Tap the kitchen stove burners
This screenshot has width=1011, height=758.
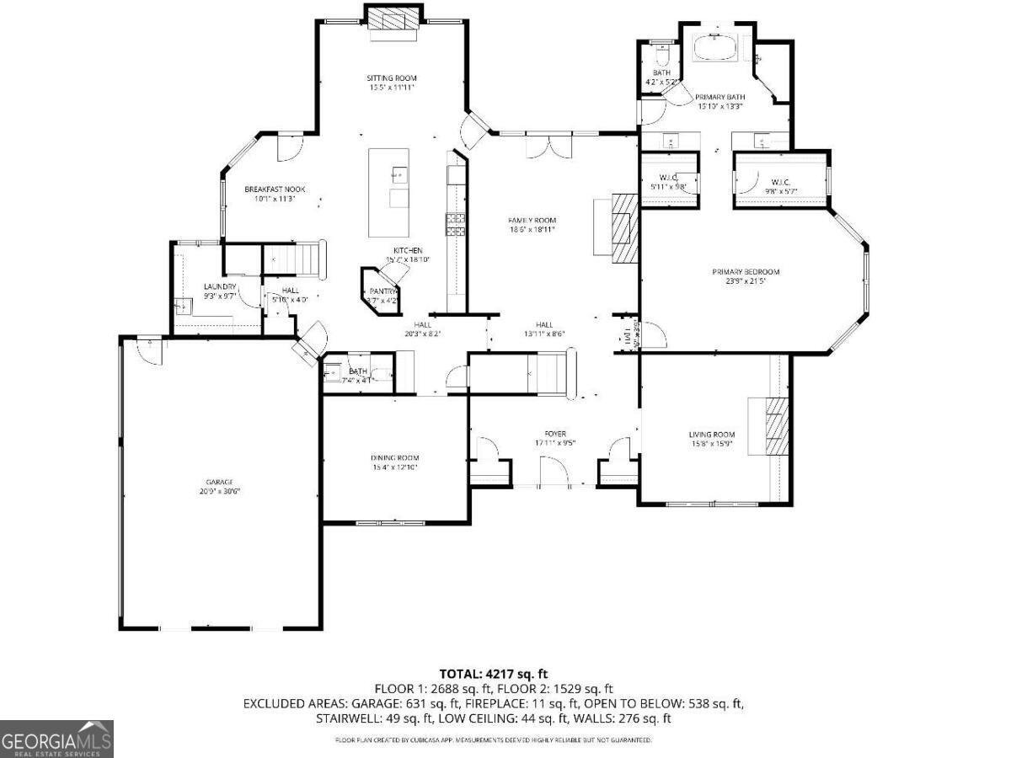tap(456, 223)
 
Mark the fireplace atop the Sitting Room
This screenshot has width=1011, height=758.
tap(392, 21)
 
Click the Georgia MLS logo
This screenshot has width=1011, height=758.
tap(56, 739)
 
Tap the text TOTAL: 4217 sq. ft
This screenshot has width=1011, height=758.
tap(493, 674)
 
